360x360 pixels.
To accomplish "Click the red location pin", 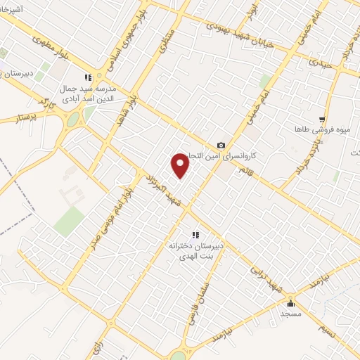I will click(181, 165).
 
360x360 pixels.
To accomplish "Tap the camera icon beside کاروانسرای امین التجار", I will click(221, 146).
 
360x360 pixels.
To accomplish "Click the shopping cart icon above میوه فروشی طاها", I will click(322, 120).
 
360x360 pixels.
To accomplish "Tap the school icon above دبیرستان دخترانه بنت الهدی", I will click(195, 236).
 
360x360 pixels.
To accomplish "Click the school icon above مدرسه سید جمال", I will click(88, 78).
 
